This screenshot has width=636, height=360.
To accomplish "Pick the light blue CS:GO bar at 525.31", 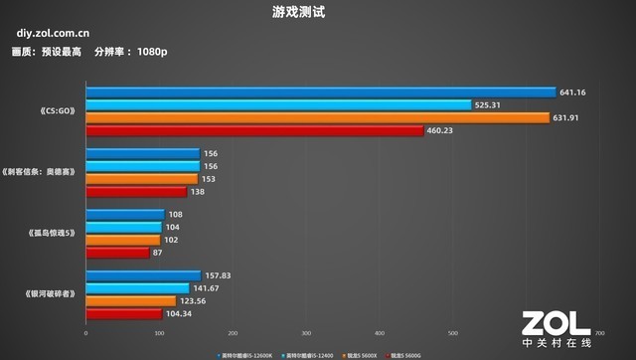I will click(x=278, y=104).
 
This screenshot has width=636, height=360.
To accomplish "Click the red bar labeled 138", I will click(x=136, y=191).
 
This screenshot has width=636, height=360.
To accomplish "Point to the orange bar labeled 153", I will click(x=142, y=179).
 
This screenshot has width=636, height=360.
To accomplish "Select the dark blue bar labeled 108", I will click(x=125, y=215).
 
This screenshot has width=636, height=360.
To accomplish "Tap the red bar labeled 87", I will click(x=117, y=252).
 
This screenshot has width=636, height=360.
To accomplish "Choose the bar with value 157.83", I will click(x=143, y=276).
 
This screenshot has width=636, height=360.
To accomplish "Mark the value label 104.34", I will click(x=180, y=313).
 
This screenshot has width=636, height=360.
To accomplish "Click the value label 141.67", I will click(x=206, y=288).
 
